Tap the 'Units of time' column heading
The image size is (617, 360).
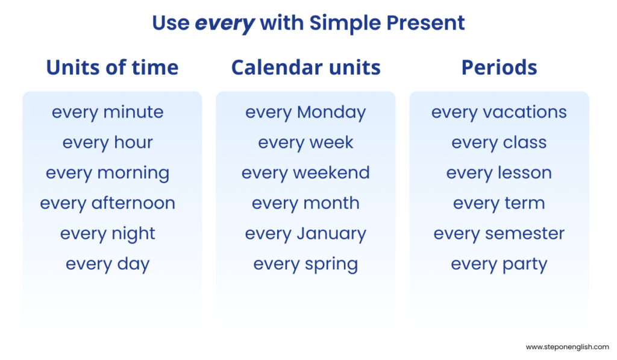pyautogui.click(x=112, y=68)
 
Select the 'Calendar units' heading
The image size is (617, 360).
pyautogui.click(x=305, y=68)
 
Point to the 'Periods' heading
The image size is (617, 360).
pyautogui.click(x=499, y=68)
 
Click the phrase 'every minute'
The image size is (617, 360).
pyautogui.click(x=107, y=112)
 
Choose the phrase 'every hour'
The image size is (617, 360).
pyautogui.click(x=107, y=143)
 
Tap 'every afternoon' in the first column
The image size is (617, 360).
pyautogui.click(x=107, y=203)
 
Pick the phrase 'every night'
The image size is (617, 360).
pyautogui.click(x=107, y=234)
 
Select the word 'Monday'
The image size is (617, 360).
pyautogui.click(x=331, y=112)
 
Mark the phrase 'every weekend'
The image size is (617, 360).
pyautogui.click(x=305, y=173)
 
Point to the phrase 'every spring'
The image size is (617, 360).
pyautogui.click(x=305, y=265)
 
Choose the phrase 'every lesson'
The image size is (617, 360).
pyautogui.click(x=499, y=173)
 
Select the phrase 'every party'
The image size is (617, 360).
pyautogui.click(x=499, y=265)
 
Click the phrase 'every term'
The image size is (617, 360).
pyautogui.click(x=499, y=203)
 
